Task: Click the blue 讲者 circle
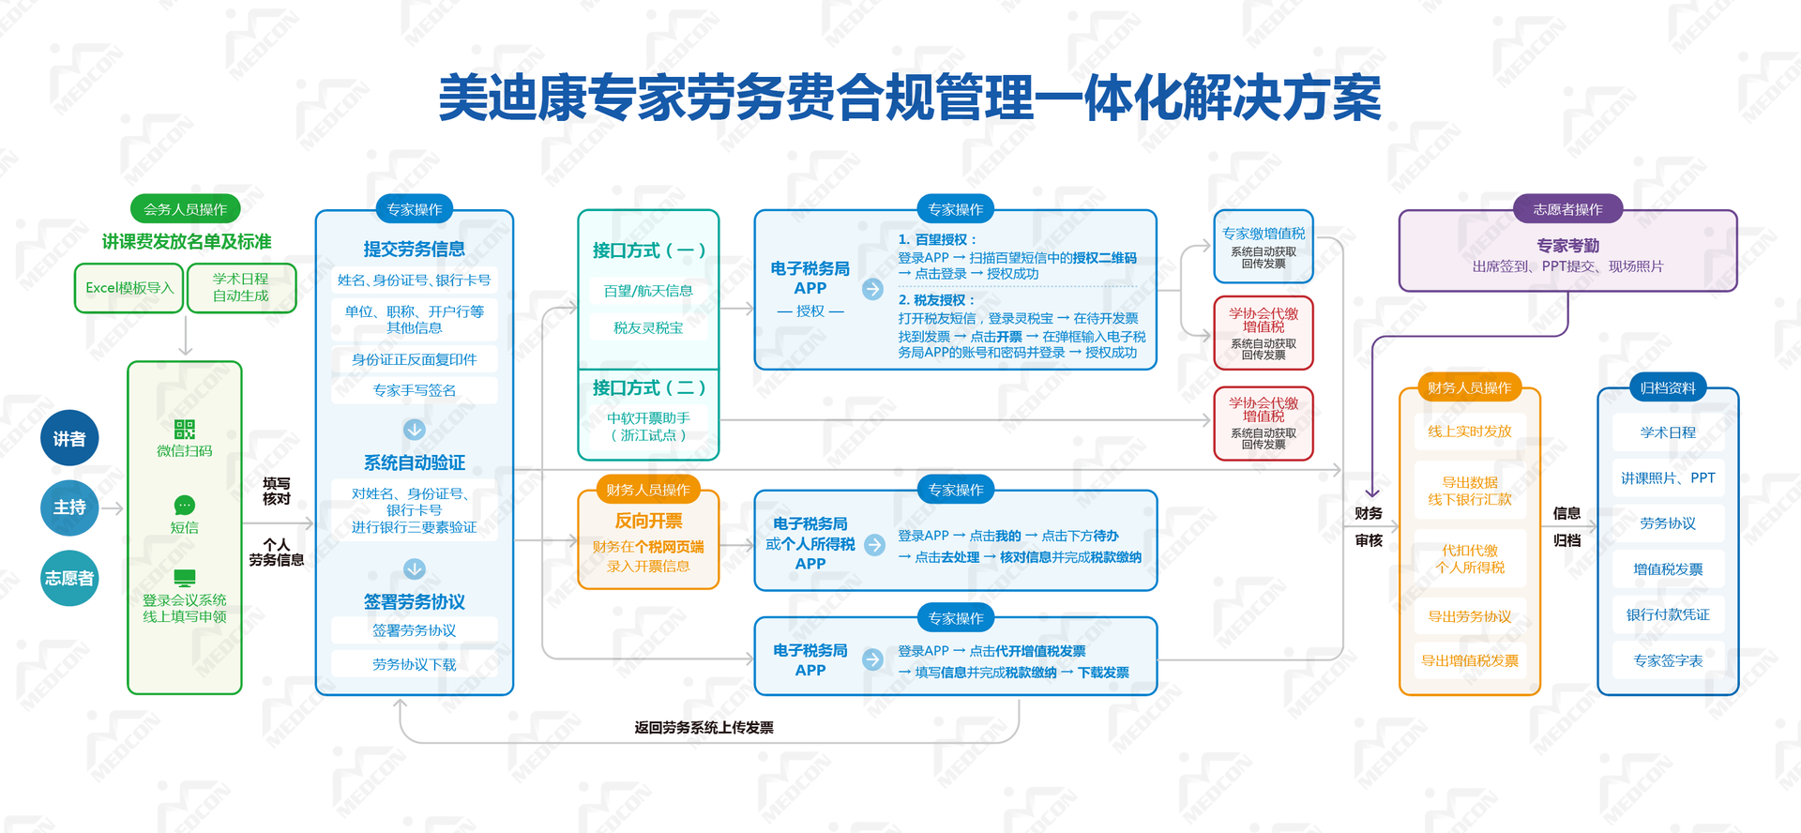coord(69,438)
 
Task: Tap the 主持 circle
coord(69,507)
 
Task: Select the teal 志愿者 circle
coord(69,578)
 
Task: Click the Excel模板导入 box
coord(129,288)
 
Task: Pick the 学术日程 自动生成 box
coord(241,287)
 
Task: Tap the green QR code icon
coord(185,430)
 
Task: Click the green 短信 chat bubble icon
coord(185,505)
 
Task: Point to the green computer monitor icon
coord(185,577)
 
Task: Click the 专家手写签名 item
coord(414,390)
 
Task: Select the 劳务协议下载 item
coord(414,664)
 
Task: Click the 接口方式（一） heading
coord(648,250)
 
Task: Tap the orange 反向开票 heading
coord(648,521)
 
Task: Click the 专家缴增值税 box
coord(1263,247)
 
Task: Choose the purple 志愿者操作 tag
coord(1567,209)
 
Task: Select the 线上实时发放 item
coord(1469,432)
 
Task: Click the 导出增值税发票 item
coord(1469,660)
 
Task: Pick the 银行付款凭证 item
coord(1667,614)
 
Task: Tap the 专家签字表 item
coord(1667,660)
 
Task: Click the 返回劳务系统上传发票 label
coord(704,727)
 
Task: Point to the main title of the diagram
coord(910,98)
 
